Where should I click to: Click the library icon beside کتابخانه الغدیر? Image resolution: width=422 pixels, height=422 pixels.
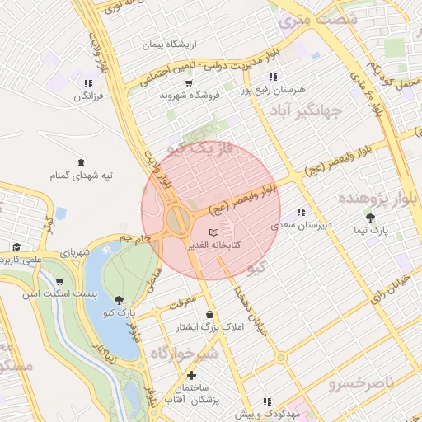[x=215, y=233]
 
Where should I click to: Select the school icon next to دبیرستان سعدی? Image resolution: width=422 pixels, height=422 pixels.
[x=300, y=212]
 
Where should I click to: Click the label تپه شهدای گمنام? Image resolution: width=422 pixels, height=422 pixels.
[x=80, y=175]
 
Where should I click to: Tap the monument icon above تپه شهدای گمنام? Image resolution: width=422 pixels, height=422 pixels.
[x=80, y=162]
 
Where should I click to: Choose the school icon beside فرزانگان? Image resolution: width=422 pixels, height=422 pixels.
[x=88, y=83]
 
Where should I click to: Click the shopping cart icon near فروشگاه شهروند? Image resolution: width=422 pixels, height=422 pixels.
[x=189, y=83]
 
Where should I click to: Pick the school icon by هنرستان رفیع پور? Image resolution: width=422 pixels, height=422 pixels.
[x=274, y=77]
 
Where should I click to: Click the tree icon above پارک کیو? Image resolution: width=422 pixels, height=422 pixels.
[x=120, y=300]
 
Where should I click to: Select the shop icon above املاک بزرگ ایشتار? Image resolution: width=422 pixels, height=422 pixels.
[x=210, y=314]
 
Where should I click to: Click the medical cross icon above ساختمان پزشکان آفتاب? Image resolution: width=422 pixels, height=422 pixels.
[x=192, y=375]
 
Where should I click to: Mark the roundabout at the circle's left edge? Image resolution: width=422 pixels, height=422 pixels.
[x=176, y=220]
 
